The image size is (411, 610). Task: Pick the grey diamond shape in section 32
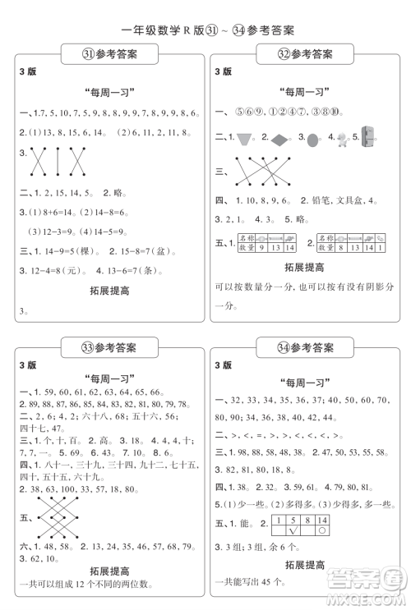pos(280,138)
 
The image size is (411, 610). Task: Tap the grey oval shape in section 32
pos(314,139)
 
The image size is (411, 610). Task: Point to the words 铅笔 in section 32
pos(316,200)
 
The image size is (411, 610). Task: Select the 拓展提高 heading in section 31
pos(106,291)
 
